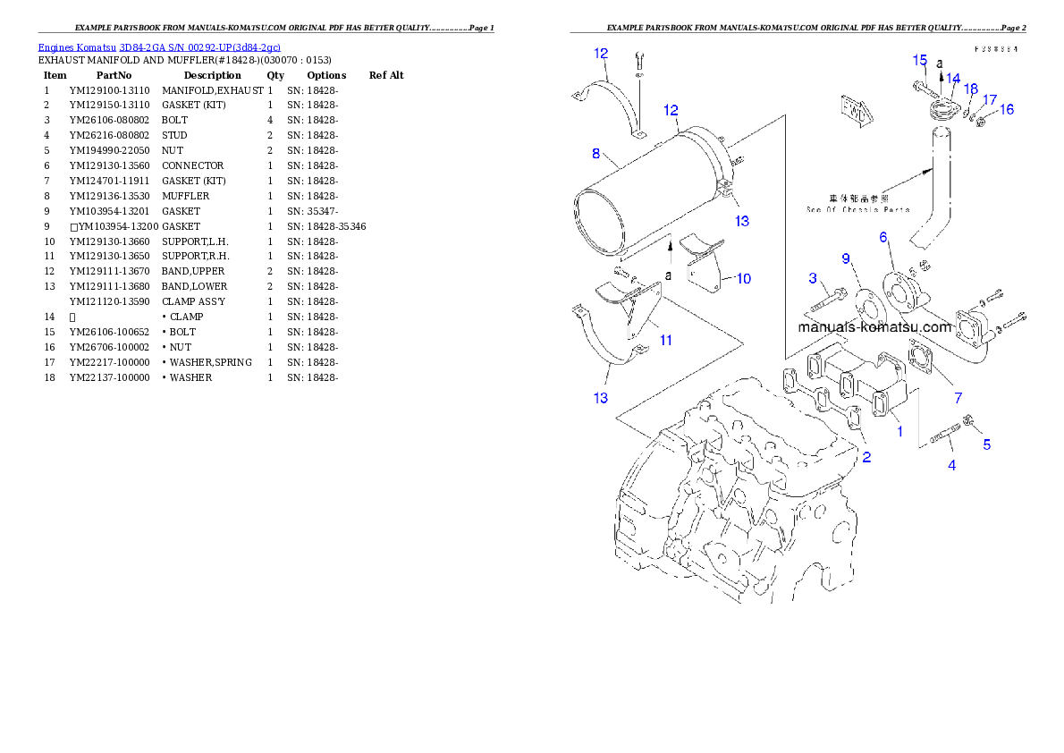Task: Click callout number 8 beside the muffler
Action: click(x=595, y=153)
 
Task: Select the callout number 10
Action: click(x=743, y=278)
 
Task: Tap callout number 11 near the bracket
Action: click(x=665, y=340)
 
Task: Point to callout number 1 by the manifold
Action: click(x=899, y=430)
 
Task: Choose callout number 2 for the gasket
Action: click(x=866, y=457)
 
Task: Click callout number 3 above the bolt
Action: click(x=813, y=278)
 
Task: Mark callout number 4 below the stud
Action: click(x=951, y=465)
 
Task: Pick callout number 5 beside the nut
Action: click(x=987, y=444)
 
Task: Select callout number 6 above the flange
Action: click(x=883, y=237)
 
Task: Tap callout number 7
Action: click(x=958, y=397)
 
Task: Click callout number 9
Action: click(x=845, y=258)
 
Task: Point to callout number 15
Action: click(x=920, y=60)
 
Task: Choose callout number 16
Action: click(x=1007, y=109)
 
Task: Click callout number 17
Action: click(x=990, y=98)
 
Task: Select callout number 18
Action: click(x=971, y=89)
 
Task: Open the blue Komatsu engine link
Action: click(x=159, y=47)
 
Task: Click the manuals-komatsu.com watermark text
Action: click(x=874, y=326)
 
